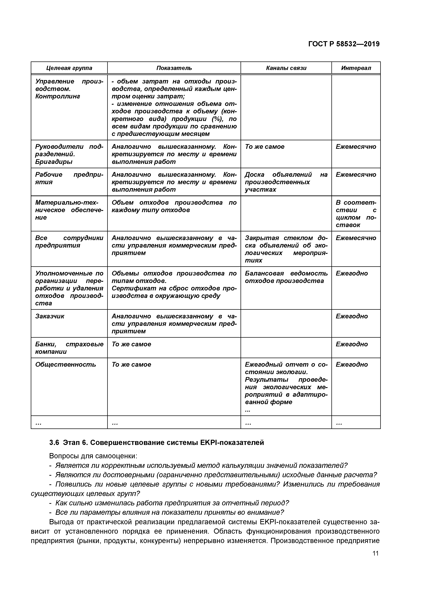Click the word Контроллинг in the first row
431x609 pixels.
58,96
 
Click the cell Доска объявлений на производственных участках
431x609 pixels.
286,182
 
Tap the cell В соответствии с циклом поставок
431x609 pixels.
356,214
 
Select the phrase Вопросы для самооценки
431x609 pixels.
93,456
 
